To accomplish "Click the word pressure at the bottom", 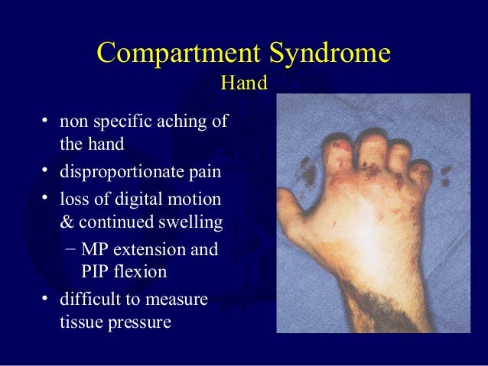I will pos(141,322).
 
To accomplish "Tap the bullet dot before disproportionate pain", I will pos(47,170).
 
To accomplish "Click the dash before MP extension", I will pos(70,249).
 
